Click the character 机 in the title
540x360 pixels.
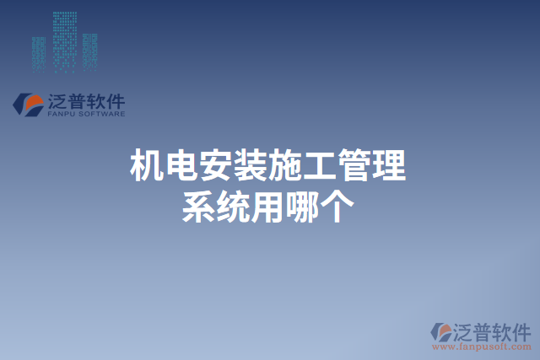click(x=147, y=165)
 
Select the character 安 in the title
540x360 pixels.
click(x=217, y=165)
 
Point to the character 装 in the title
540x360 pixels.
click(x=251, y=165)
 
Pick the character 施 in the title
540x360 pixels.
click(x=286, y=165)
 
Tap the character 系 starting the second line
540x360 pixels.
click(x=199, y=206)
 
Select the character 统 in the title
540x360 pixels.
click(x=234, y=206)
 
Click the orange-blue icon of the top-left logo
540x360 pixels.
click(x=30, y=105)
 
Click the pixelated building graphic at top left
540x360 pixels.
click(x=63, y=40)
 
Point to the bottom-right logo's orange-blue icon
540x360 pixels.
click(x=442, y=332)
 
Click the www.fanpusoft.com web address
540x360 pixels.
click(x=482, y=346)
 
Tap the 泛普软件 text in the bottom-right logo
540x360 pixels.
click(x=493, y=330)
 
